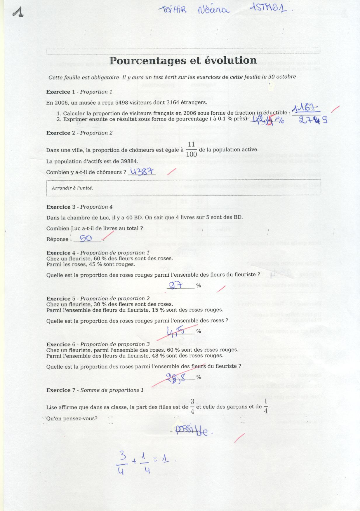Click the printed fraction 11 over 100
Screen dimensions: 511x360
tap(191, 149)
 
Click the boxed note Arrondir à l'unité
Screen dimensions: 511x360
tap(72, 188)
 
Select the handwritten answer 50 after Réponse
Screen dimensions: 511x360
tap(86, 238)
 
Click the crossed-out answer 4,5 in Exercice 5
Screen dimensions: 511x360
tap(175, 331)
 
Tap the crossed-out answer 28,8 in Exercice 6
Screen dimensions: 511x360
tap(176, 377)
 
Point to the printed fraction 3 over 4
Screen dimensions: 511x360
tap(192, 407)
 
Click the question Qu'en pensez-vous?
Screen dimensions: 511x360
tap(72, 418)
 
